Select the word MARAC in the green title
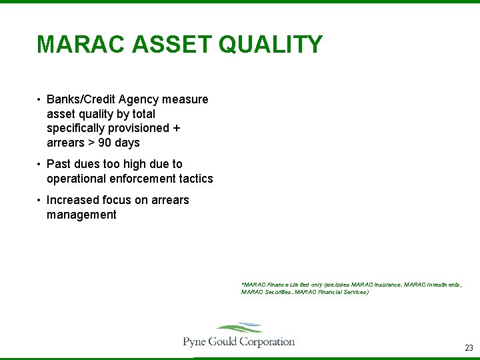(81, 45)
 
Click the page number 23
(469, 348)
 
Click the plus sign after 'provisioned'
(177, 128)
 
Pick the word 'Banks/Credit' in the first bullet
(80, 99)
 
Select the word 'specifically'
(78, 128)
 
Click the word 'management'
(81, 215)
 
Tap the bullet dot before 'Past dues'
(39, 164)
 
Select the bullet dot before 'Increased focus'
(39, 200)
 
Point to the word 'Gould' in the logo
(223, 342)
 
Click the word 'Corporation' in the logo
(267, 342)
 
